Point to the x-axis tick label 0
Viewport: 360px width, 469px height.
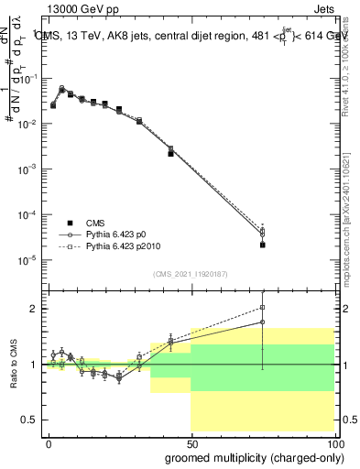pyautogui.click(x=49, y=442)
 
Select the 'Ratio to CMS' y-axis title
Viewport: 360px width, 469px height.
pyautogui.click(x=14, y=365)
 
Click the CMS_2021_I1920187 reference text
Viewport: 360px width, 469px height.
pyautogui.click(x=190, y=274)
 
